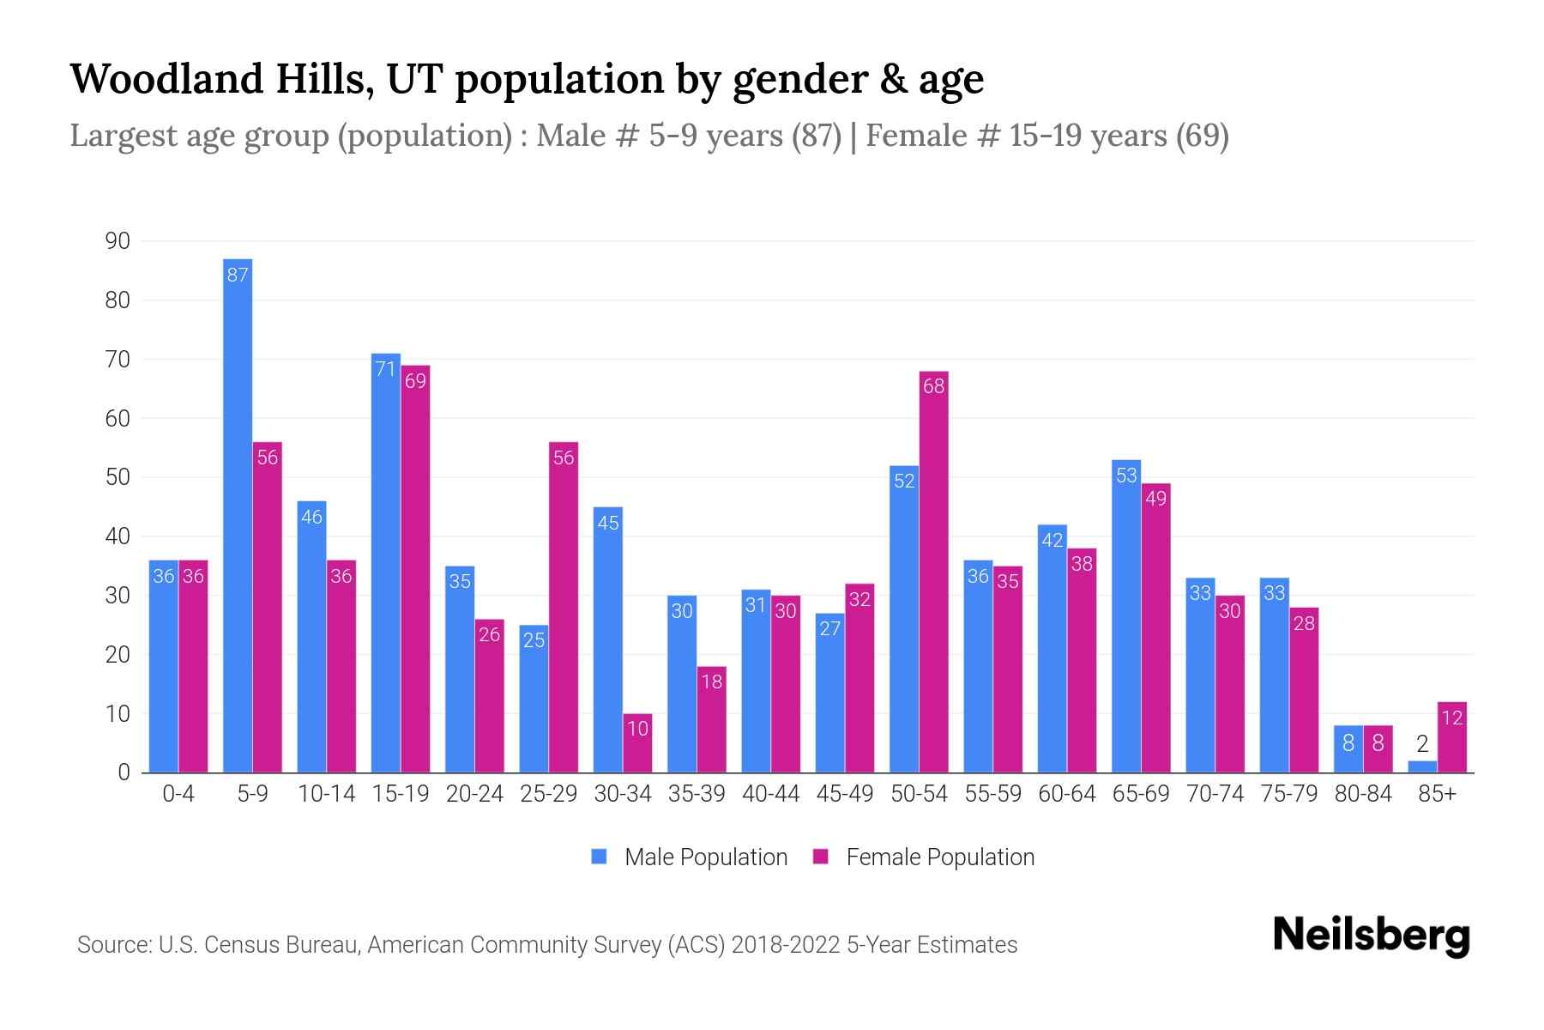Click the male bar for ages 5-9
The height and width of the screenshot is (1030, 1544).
coord(238,515)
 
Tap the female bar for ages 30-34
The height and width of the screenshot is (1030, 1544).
coord(637,743)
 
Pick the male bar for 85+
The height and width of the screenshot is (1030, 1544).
coord(1422,766)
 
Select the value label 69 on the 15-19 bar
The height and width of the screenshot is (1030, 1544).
coord(415,380)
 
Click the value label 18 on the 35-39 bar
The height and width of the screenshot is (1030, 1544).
coord(711,682)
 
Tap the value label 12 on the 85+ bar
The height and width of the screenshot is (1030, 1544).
coord(1451,718)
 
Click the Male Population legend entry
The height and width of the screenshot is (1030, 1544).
coord(690,857)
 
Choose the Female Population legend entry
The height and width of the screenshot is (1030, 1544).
coord(924,857)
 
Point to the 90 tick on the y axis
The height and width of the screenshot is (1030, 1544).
coord(118,241)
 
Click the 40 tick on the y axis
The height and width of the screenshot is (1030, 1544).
coord(118,536)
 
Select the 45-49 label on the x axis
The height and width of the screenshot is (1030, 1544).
coord(845,794)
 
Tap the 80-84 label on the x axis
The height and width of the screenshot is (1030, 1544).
coord(1363,794)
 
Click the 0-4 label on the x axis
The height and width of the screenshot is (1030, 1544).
coord(178,794)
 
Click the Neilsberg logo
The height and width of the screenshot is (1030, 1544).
coord(1371,936)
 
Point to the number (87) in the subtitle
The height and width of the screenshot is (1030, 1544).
coord(816,136)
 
